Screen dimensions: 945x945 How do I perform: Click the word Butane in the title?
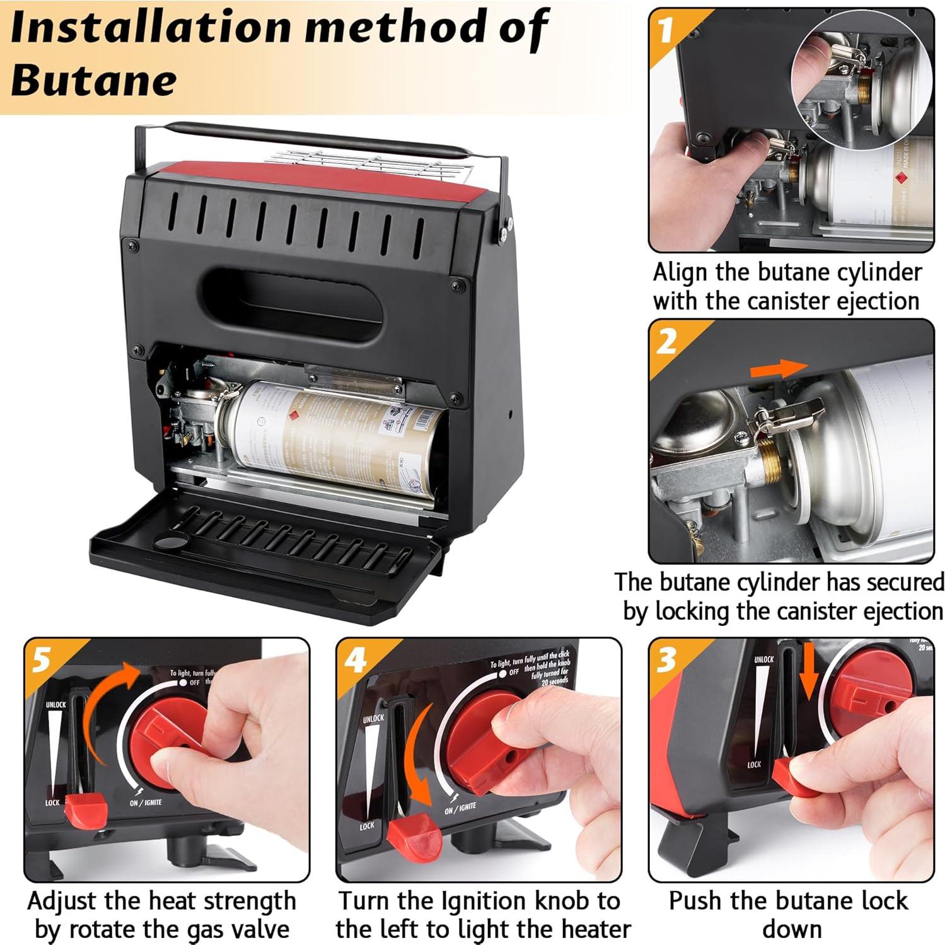93,81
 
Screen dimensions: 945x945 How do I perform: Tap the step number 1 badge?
666,30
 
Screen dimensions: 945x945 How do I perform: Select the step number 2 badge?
666,341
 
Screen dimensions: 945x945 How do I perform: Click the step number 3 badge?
666,660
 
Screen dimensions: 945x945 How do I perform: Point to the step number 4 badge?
355,660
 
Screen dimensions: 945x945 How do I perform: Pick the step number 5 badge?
42,660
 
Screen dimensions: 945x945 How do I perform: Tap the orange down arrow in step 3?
809,675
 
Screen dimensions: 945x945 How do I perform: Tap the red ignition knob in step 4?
489,744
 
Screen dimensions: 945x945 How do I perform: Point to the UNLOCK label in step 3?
763,659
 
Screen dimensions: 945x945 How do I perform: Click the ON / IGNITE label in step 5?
146,803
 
